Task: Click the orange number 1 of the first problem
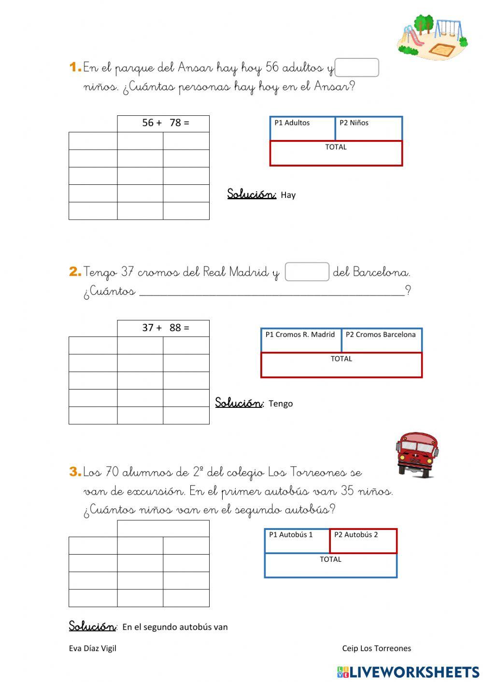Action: [75, 67]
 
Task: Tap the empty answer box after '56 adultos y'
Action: [356, 68]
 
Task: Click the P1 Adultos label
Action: [292, 123]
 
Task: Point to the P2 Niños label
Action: [354, 123]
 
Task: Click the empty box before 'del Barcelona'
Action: [307, 272]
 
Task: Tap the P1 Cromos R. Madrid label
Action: [300, 334]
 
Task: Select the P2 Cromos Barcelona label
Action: [381, 334]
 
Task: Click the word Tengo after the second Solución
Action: [281, 404]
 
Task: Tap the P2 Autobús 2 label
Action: [356, 535]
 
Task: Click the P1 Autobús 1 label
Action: [291, 535]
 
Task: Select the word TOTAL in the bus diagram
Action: [330, 559]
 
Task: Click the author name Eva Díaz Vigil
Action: [93, 648]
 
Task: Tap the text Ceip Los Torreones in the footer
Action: [377, 648]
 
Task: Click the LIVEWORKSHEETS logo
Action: [408, 672]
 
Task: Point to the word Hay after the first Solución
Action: [288, 195]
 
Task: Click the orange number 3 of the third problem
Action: [75, 472]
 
